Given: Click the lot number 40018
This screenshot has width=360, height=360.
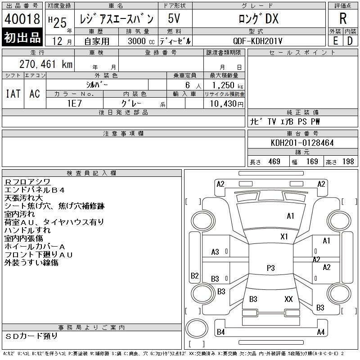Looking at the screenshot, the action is (x=22, y=19).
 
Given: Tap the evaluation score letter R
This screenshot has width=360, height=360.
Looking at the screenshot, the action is (x=343, y=18).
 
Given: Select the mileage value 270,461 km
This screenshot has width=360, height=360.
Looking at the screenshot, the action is (x=46, y=64).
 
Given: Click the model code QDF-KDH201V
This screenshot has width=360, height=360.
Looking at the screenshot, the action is (x=257, y=41).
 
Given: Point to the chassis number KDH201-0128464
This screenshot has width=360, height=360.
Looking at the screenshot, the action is (x=302, y=143).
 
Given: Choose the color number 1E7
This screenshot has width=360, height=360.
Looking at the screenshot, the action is (x=75, y=103).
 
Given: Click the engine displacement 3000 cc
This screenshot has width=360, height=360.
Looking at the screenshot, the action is (x=141, y=41).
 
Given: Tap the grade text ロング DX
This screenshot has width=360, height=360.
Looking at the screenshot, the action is (x=259, y=18).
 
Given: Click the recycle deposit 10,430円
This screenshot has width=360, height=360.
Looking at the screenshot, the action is (x=227, y=103).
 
